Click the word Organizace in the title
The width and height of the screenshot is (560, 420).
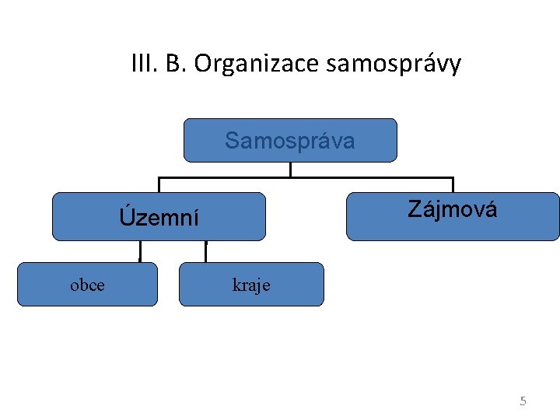point(257,64)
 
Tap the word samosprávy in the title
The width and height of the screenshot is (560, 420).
point(394,64)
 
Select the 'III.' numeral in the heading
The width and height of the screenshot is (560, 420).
point(144,63)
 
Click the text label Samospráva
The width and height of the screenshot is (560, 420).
point(289,141)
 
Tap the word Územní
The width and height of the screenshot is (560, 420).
point(159,217)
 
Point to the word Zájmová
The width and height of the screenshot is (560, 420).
point(452,209)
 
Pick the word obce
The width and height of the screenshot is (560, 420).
point(87,285)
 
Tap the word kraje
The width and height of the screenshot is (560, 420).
point(251,285)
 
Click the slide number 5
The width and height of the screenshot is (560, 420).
point(523,401)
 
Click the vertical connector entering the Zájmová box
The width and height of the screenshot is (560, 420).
point(452,185)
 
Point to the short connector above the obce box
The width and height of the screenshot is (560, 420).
point(140,251)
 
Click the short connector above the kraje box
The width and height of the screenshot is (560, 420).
point(206,251)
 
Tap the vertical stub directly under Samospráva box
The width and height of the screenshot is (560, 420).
point(290,169)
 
